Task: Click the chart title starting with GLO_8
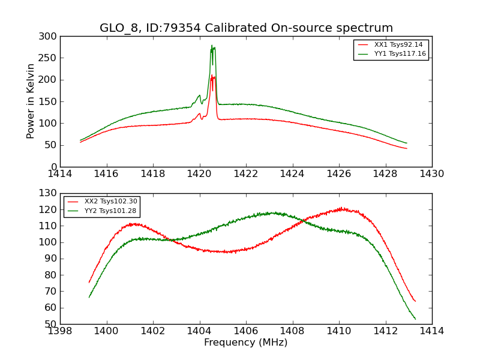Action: tap(246, 28)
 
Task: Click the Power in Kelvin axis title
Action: tap(31, 101)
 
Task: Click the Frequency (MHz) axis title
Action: tap(246, 343)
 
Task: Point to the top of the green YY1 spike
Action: tap(212, 46)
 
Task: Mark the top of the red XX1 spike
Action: tap(212, 76)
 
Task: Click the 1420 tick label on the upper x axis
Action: tap(199, 174)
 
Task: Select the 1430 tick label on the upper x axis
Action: tap(432, 174)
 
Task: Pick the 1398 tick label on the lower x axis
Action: tap(60, 331)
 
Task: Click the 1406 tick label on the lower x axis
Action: tap(246, 331)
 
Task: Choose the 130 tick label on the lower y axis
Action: tap(50, 193)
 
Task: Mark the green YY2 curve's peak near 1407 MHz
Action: tap(274, 213)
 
